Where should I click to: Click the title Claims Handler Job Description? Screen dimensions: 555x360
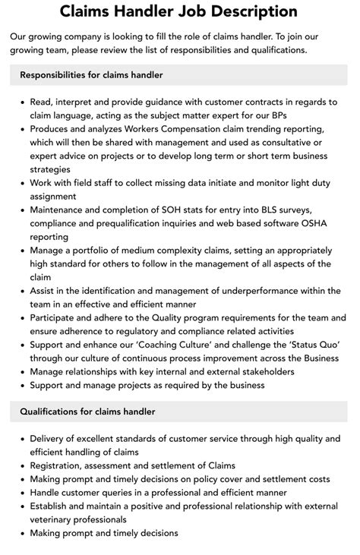coord(180,12)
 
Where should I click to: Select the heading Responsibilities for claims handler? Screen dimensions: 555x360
coord(91,75)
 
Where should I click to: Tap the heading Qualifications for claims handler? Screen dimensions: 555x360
coord(87,412)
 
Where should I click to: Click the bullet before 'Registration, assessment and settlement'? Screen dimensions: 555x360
coord(20,465)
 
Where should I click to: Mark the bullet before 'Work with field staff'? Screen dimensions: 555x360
coord(20,183)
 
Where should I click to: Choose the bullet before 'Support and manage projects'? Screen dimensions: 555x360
coord(20,386)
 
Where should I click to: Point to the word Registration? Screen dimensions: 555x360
coord(58,465)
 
